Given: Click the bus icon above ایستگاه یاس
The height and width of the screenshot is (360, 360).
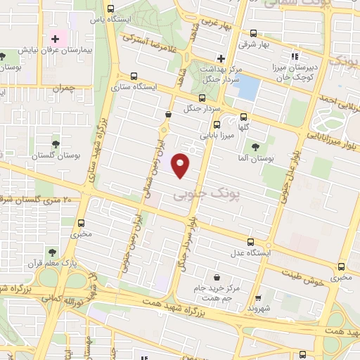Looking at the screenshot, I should click(x=111, y=9).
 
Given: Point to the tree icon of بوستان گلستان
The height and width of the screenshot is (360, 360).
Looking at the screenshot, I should click(x=56, y=144).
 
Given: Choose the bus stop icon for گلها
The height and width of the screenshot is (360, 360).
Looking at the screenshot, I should click(x=243, y=117).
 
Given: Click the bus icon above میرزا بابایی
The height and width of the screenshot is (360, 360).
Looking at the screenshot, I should click(x=217, y=124).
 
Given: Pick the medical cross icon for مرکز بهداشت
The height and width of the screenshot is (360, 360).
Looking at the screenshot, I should click(x=221, y=58).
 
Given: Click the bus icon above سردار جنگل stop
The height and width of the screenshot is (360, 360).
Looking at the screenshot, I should click(x=202, y=98).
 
